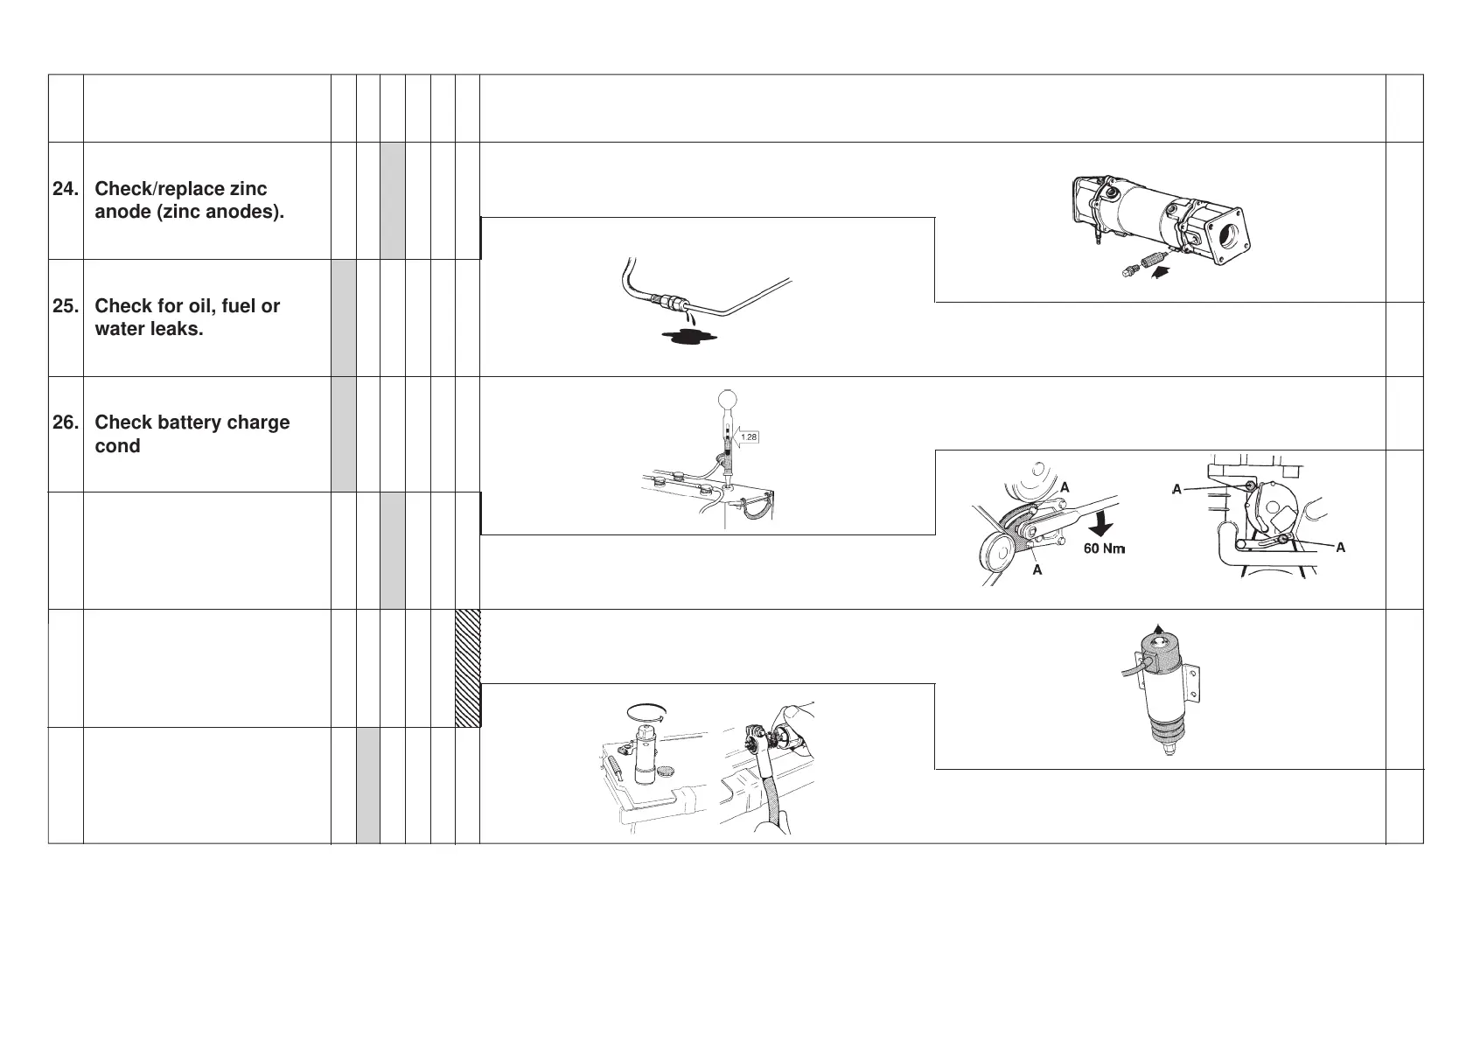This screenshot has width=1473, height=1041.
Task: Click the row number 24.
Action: point(64,189)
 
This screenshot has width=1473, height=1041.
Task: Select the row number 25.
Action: point(64,306)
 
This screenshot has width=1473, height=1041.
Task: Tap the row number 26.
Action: point(64,423)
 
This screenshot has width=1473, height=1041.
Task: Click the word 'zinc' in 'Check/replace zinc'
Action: point(249,189)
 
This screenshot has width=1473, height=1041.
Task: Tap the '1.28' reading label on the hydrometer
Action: point(749,437)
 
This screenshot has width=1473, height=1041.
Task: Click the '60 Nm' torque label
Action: point(1104,548)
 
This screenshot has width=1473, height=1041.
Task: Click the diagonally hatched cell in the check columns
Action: point(468,668)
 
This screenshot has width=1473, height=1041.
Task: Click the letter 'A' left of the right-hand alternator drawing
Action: point(1177,490)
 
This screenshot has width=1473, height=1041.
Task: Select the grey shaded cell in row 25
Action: point(344,318)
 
